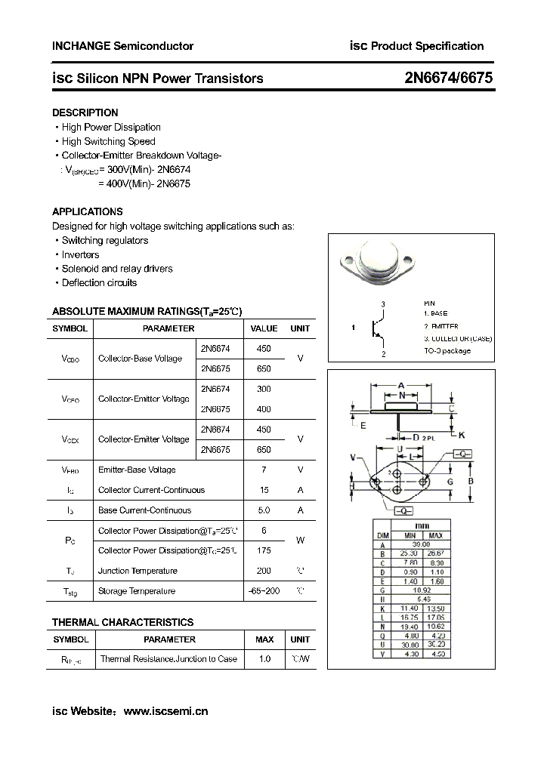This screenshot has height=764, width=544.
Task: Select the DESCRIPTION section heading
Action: tap(85, 112)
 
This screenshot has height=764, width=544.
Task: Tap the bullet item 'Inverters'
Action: tap(80, 254)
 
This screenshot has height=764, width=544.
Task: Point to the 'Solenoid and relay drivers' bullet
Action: tap(116, 269)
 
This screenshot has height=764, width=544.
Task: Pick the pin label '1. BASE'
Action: tap(437, 313)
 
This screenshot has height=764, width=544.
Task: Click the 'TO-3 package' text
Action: tap(447, 350)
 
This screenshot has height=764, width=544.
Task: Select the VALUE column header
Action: tap(264, 328)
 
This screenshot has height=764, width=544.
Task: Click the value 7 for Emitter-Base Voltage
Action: tap(264, 470)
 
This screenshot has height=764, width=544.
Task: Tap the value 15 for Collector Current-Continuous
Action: tap(264, 490)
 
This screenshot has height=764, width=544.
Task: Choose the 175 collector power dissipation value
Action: tap(264, 550)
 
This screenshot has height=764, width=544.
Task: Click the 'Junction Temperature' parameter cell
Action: tap(138, 571)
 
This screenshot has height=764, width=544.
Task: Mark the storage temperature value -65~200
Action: tap(264, 591)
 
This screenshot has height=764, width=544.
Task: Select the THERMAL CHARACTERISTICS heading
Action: tap(122, 622)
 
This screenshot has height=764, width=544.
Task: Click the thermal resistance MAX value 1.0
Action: tap(264, 659)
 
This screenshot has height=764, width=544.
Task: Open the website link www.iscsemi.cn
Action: tap(165, 710)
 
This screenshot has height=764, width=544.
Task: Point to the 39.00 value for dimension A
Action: tap(420, 544)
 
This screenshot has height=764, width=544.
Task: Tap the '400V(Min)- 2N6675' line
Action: tap(144, 183)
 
